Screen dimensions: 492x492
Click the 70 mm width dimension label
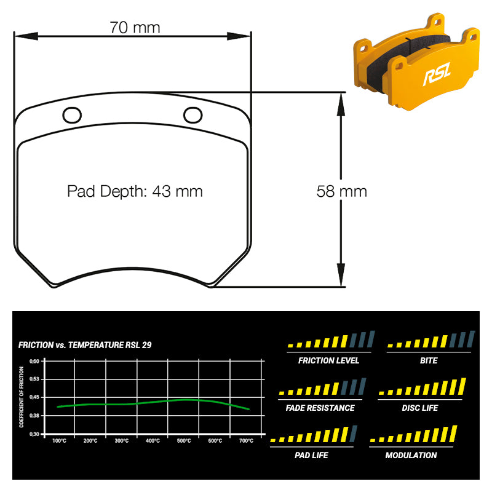(135, 28)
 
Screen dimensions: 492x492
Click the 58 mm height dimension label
(342, 191)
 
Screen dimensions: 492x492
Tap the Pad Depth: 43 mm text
(135, 191)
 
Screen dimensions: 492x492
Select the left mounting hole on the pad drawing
(72, 115)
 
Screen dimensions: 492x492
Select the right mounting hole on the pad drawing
(192, 115)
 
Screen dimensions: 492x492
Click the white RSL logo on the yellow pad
(437, 74)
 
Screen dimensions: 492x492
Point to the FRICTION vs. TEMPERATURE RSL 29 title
(85, 345)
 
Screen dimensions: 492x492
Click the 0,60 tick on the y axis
(34, 361)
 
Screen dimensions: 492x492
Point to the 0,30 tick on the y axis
(34, 434)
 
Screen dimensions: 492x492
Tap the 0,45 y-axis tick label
(34, 397)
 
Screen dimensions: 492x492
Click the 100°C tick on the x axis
(59, 441)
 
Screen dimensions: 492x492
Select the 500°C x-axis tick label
(184, 441)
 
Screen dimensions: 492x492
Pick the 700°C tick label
(247, 441)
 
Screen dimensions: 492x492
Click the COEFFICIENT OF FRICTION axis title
(22, 397)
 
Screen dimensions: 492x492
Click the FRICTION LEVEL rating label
(328, 360)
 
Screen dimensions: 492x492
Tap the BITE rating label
(429, 360)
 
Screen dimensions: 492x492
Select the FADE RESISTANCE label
(320, 408)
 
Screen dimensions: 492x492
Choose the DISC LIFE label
(420, 408)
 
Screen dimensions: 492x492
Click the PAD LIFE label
(311, 455)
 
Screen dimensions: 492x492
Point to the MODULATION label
(411, 455)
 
